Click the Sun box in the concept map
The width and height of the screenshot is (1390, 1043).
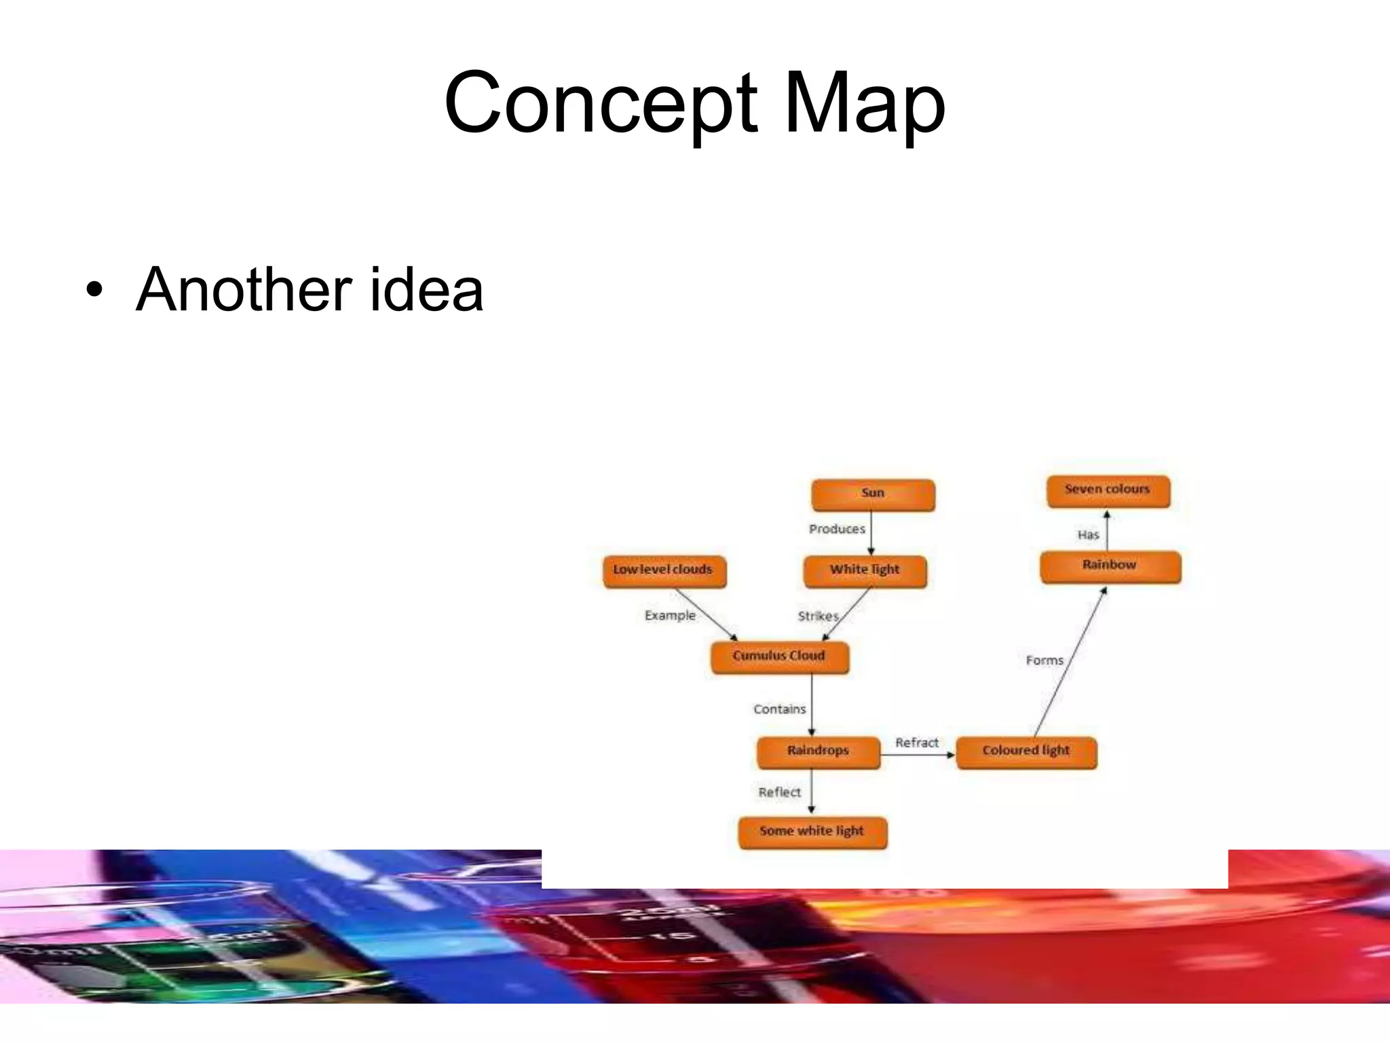pyautogui.click(x=873, y=494)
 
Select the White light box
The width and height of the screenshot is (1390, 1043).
pyautogui.click(x=865, y=571)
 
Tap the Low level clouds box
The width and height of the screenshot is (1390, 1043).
pyautogui.click(x=664, y=571)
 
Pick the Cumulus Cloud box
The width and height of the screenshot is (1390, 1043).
pyautogui.click(x=779, y=657)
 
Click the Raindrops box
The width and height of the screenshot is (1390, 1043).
pyautogui.click(x=818, y=752)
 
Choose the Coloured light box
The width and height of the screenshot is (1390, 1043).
pyautogui.click(x=1026, y=752)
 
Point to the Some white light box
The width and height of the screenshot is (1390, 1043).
pyautogui.click(x=812, y=832)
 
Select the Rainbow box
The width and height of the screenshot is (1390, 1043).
pyautogui.click(x=1110, y=566)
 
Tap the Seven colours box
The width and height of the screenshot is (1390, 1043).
pyautogui.click(x=1108, y=491)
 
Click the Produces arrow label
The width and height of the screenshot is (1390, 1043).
pyautogui.click(x=837, y=529)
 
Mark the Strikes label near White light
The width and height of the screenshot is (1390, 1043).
pyautogui.click(x=818, y=617)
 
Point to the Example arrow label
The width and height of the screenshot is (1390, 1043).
pyautogui.click(x=670, y=615)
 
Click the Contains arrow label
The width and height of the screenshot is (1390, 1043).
pyautogui.click(x=779, y=710)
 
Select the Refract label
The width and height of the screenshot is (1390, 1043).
pyautogui.click(x=916, y=743)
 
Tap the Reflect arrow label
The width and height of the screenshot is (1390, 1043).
pyautogui.click(x=779, y=792)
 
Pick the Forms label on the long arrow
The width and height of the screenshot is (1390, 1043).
pyautogui.click(x=1045, y=660)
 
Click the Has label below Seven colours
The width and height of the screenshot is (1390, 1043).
pyautogui.click(x=1088, y=535)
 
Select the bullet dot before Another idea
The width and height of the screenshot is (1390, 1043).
pyautogui.click(x=95, y=291)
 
